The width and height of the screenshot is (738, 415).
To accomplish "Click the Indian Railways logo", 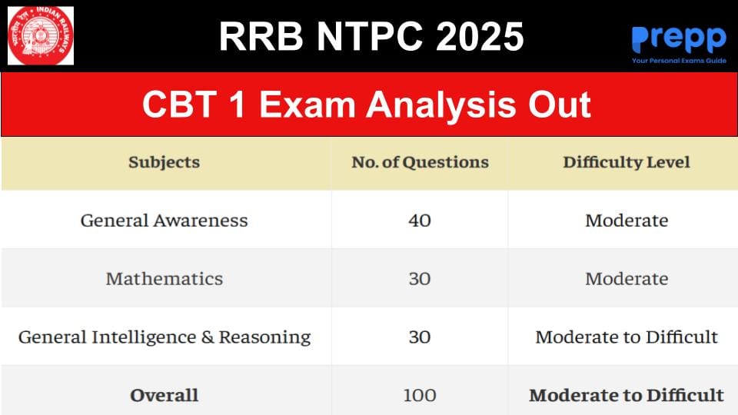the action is (x=41, y=36).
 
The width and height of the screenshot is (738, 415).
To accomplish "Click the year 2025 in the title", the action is (x=480, y=36).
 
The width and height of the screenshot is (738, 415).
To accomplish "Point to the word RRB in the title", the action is (x=261, y=36).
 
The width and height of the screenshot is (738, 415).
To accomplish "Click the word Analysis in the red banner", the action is (x=441, y=105).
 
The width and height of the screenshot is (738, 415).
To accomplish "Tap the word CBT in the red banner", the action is (x=179, y=105).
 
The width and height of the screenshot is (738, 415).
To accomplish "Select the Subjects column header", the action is (x=165, y=162).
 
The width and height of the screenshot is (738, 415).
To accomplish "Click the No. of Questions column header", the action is (x=420, y=162).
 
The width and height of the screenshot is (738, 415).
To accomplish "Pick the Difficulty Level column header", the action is (x=627, y=162).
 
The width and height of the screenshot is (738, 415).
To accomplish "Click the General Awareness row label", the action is (x=165, y=221).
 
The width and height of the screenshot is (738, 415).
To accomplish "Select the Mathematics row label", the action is (x=165, y=278).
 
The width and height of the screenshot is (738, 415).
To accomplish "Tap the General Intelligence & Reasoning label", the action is (x=165, y=337).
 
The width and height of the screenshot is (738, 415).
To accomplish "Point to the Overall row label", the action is (x=165, y=395).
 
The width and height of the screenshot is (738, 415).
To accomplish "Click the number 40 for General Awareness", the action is (x=420, y=221).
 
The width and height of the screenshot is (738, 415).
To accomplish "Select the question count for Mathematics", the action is (x=420, y=278).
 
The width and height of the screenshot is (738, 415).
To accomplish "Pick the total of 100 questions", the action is (x=420, y=395).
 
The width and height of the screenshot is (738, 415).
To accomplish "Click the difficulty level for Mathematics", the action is (x=627, y=278).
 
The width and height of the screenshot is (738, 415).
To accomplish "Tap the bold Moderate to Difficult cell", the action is (x=627, y=395).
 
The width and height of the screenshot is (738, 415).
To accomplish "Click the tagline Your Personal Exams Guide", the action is (x=679, y=61).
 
